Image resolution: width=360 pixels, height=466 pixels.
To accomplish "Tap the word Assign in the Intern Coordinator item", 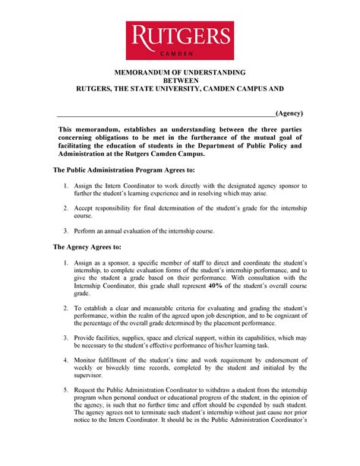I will (84, 185).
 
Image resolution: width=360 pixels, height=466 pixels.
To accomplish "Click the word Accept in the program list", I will (85, 206).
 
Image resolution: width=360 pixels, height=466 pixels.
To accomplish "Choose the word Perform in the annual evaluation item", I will (87, 230).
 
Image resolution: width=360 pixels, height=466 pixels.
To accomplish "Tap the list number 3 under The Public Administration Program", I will (66, 230).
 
